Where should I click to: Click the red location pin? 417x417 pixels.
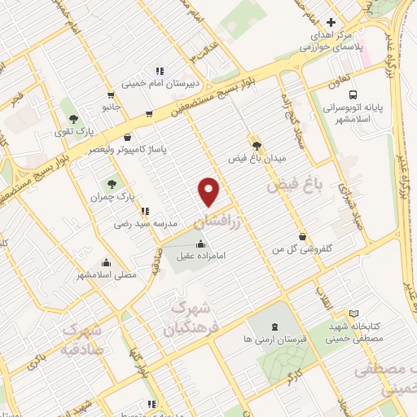210,191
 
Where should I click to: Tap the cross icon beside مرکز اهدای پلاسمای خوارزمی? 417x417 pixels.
329,22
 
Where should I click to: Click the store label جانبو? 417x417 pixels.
110,107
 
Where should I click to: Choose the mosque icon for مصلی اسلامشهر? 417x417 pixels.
106,262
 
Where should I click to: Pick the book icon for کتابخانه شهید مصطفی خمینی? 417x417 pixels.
353,314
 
